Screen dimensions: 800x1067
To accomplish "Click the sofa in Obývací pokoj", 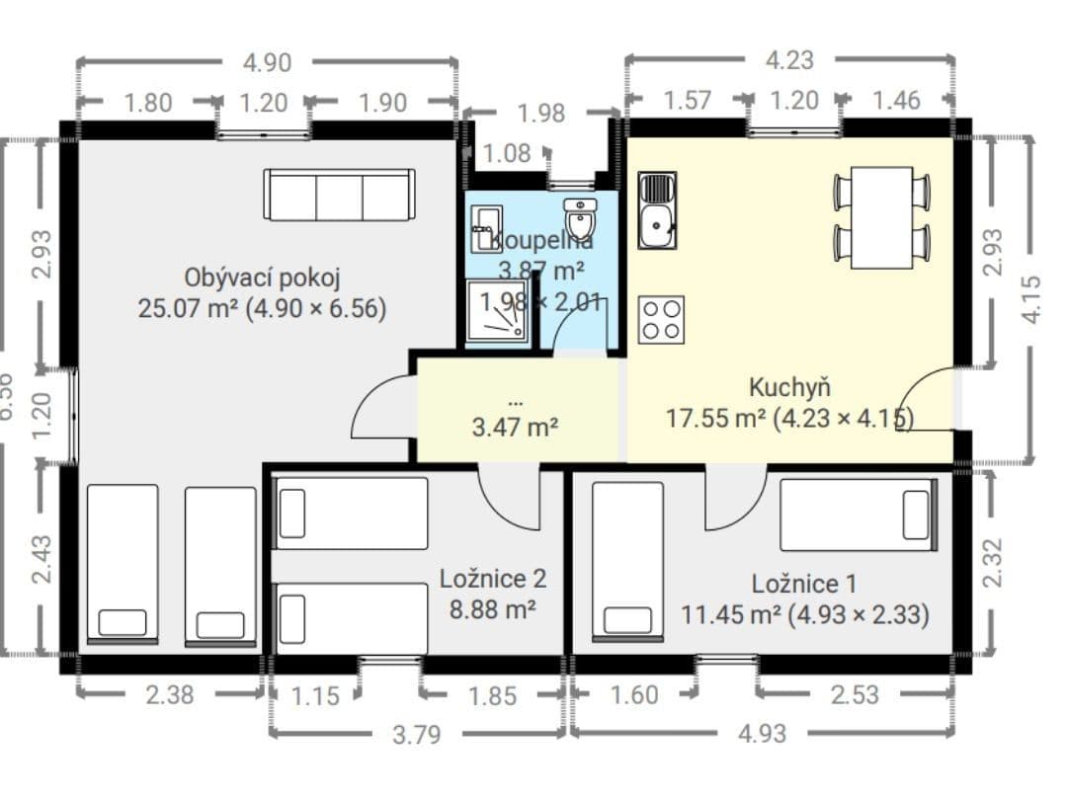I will point(339,195).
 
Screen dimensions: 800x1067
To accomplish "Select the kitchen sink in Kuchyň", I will point(657,209).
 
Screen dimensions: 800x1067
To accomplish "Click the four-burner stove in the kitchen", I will point(662,319).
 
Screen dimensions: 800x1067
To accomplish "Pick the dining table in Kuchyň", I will point(881,217).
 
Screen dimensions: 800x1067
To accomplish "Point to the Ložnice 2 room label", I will point(492,579).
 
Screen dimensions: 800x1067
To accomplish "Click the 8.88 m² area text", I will point(492,609).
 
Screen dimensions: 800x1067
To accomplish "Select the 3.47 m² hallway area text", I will point(516,427).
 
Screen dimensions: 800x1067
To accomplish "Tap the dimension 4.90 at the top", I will point(267,62).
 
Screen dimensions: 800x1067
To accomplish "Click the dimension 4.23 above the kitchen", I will point(789,60).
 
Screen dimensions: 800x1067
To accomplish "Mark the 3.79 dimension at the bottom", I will point(416,734).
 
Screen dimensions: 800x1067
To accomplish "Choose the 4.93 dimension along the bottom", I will point(763,734).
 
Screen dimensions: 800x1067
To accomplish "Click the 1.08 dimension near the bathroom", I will point(507,153).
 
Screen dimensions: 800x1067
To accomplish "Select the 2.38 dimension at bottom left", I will point(170,695).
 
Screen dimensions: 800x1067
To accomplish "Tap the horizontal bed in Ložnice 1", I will point(858,515).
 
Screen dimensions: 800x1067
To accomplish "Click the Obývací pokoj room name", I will point(262,276).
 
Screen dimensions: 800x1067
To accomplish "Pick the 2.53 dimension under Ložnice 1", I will point(855,694).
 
